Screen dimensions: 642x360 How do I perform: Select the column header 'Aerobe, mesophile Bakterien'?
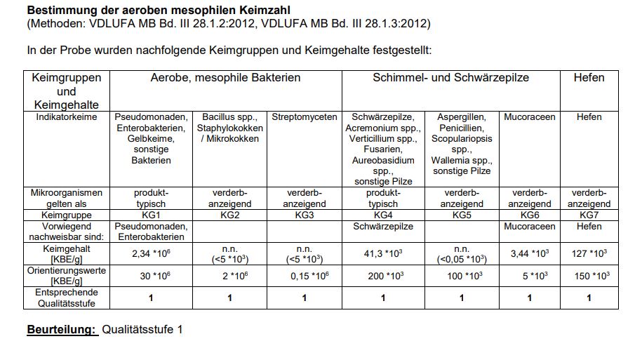click(x=225, y=78)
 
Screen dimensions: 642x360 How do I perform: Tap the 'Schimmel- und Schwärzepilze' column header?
click(x=450, y=78)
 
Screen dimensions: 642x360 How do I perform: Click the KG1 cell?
click(x=151, y=215)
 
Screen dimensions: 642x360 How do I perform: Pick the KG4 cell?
click(x=382, y=215)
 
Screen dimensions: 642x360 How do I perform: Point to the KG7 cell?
click(x=589, y=215)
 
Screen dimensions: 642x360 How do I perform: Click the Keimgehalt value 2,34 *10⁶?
click(x=151, y=254)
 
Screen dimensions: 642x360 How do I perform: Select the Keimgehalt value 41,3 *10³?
click(x=382, y=254)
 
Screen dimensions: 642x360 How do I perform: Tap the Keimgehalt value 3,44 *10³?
click(x=529, y=254)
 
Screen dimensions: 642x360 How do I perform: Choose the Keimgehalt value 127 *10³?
click(x=589, y=254)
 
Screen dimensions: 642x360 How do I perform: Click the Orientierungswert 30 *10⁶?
click(x=151, y=276)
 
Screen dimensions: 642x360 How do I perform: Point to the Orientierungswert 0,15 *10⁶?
click(x=304, y=276)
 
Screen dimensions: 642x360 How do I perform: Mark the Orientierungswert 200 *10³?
click(x=382, y=276)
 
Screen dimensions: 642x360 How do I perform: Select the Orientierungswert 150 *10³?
click(x=589, y=276)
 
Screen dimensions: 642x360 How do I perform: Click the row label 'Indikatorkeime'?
click(x=67, y=117)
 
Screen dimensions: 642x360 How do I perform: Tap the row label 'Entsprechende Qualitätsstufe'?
click(x=67, y=298)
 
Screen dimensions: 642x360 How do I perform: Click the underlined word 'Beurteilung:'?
click(x=62, y=329)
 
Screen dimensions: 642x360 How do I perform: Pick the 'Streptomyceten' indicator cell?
click(x=304, y=117)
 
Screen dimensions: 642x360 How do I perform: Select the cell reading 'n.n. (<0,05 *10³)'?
click(x=461, y=254)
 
